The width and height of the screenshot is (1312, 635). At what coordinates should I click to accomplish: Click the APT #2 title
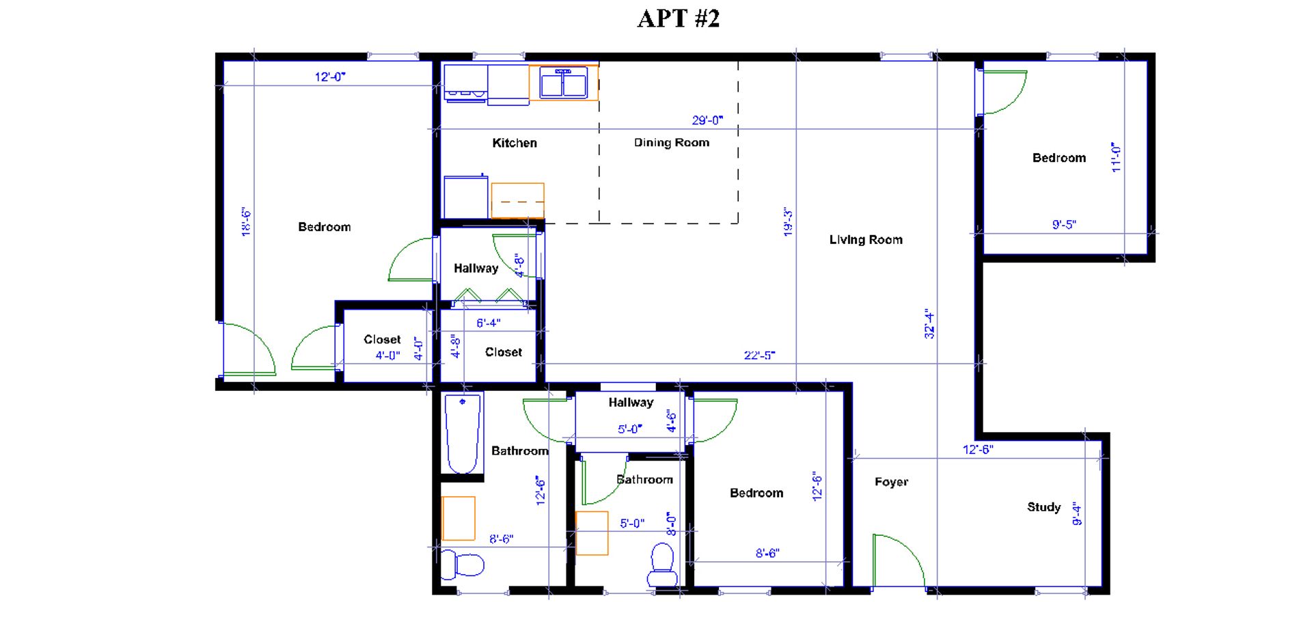pos(678,18)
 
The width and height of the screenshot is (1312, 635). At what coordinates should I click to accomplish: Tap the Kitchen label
pos(515,143)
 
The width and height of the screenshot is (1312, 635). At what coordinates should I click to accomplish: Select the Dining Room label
pos(672,143)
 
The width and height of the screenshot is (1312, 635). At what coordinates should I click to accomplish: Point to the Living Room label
pos(866,240)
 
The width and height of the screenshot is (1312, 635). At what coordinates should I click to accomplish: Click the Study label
pos(1043,507)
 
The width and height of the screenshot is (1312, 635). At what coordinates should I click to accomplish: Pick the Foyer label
pos(891,482)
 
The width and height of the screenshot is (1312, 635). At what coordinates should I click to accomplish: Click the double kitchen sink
pos(564,83)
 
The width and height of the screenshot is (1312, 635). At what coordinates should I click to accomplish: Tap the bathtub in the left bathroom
pos(463,434)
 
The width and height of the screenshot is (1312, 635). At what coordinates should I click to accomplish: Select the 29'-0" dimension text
pos(707,120)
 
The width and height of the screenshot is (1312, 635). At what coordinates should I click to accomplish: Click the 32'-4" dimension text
pos(929,323)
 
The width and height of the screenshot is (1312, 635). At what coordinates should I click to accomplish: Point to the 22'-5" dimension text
pos(759,355)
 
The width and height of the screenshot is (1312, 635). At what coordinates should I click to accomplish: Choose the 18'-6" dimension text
pos(246,222)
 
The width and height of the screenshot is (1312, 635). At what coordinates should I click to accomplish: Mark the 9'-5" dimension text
pos(1064,224)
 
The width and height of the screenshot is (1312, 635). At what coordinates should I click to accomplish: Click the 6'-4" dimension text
pos(488,323)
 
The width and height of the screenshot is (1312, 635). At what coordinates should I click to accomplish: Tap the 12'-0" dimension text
pos(330,77)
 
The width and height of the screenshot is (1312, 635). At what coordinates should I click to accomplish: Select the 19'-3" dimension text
pos(788,222)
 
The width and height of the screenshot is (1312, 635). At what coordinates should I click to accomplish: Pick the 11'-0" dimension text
pos(1116,157)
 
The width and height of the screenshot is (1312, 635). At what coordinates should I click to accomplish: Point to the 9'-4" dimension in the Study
pos(1077,513)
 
